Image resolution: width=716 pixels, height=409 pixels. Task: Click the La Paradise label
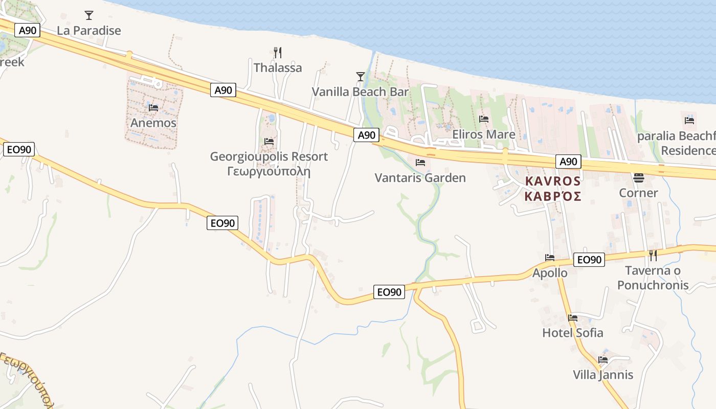(x=89, y=31)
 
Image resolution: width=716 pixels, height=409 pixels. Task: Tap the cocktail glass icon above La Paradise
(x=89, y=15)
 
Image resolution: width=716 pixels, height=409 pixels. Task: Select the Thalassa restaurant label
(x=278, y=67)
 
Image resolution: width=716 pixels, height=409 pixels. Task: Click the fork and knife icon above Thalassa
(x=278, y=52)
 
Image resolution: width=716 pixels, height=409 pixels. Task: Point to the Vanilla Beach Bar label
(x=361, y=92)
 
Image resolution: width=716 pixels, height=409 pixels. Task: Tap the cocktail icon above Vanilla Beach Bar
(x=361, y=77)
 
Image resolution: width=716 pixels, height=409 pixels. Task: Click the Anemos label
(x=153, y=123)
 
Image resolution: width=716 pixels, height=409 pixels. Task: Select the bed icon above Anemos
(x=153, y=108)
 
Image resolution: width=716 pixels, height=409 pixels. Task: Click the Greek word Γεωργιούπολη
(x=269, y=171)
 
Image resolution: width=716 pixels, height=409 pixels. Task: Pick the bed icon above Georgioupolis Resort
(x=269, y=142)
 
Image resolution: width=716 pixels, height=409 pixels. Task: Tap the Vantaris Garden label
(x=420, y=178)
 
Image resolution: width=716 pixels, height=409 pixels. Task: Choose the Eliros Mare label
(x=484, y=134)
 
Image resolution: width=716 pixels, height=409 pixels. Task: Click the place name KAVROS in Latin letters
(x=553, y=181)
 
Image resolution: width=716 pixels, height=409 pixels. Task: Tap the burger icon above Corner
(x=638, y=178)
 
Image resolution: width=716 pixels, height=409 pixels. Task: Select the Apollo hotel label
(x=550, y=273)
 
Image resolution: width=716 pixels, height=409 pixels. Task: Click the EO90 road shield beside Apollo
(x=589, y=260)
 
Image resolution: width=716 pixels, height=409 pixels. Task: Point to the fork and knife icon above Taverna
(x=653, y=256)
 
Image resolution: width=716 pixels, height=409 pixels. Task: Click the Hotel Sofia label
(x=573, y=333)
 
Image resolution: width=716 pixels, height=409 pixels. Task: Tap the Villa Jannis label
(x=603, y=375)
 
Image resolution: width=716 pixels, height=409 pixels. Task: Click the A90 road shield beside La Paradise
(x=28, y=31)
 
